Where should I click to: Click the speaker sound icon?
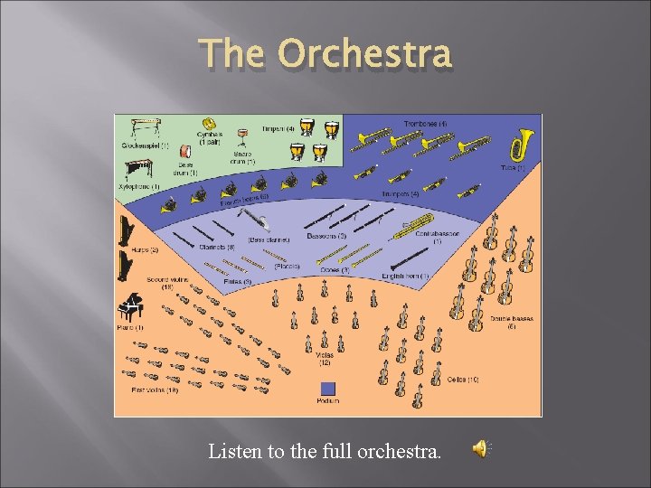(x=483, y=449)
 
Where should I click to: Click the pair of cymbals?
(x=210, y=124)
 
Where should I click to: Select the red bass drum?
(x=184, y=152)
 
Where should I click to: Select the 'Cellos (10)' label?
(x=462, y=380)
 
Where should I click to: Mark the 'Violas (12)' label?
(x=325, y=358)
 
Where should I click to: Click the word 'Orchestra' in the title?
(x=364, y=54)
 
